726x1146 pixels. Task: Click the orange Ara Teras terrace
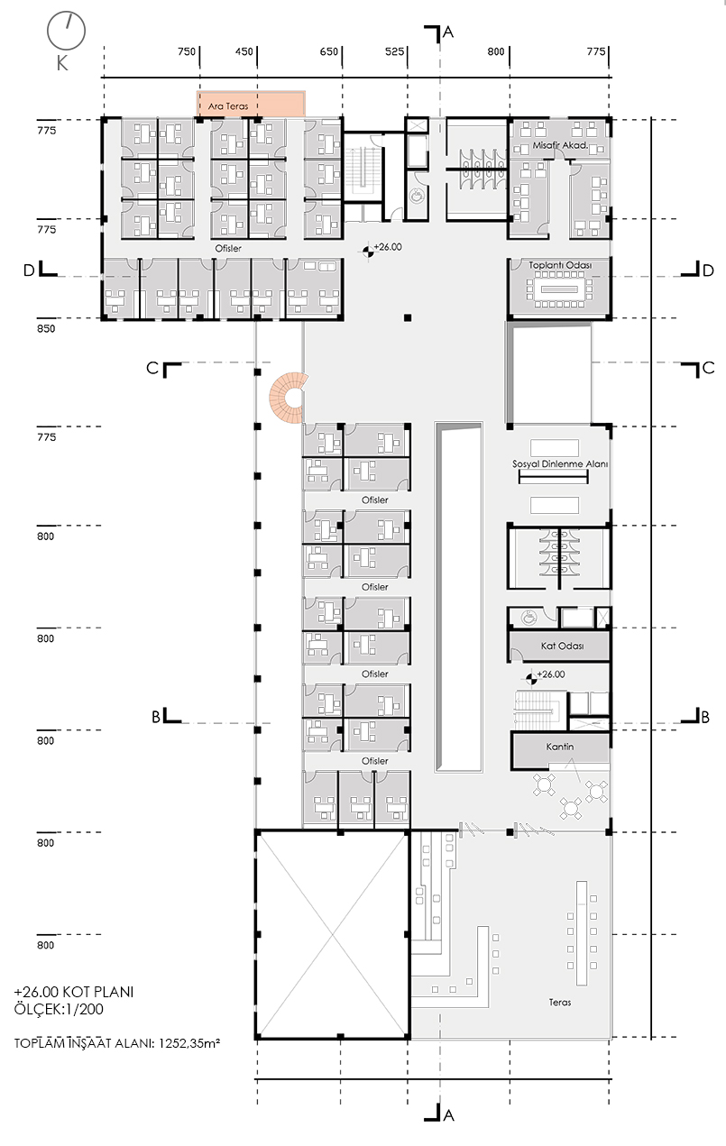click(x=252, y=104)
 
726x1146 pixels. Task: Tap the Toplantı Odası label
click(x=560, y=265)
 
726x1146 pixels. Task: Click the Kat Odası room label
click(x=562, y=646)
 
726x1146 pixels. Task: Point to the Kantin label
click(x=560, y=747)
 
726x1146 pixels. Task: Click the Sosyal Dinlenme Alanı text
click(x=560, y=464)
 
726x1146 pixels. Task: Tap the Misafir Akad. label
click(x=560, y=145)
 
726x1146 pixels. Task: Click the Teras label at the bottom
click(x=560, y=1003)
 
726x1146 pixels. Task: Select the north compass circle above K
click(x=67, y=31)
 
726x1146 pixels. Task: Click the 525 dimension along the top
click(x=394, y=51)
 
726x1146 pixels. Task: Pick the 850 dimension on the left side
click(x=46, y=328)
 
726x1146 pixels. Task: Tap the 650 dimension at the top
click(x=329, y=51)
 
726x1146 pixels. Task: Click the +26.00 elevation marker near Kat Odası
click(x=531, y=678)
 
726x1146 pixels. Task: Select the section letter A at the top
click(x=448, y=32)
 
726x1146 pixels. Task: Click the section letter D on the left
click(x=29, y=270)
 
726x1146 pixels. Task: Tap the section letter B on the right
click(x=705, y=718)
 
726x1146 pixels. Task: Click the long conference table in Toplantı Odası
click(x=560, y=289)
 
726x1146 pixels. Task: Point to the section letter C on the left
click(x=152, y=369)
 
